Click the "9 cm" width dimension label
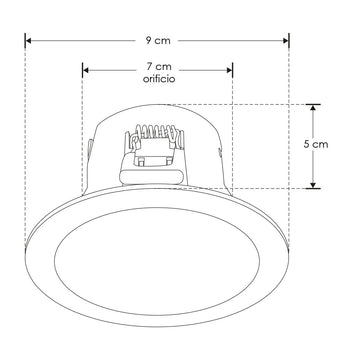tap(157, 40)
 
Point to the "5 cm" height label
tap(343, 145)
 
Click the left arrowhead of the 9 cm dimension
tap(29, 40)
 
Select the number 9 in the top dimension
tap(147, 40)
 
